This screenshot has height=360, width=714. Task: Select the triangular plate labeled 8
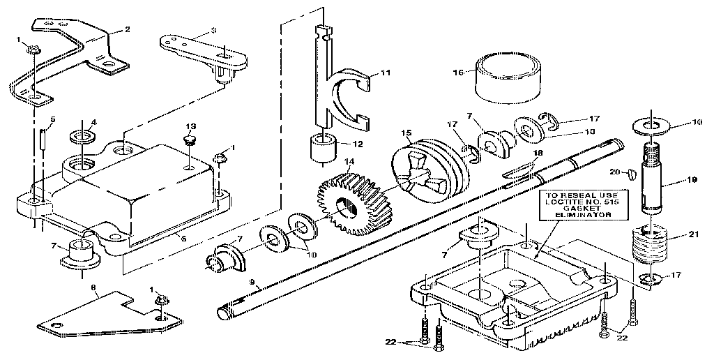click(105, 315)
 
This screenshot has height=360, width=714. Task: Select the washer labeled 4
click(84, 134)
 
